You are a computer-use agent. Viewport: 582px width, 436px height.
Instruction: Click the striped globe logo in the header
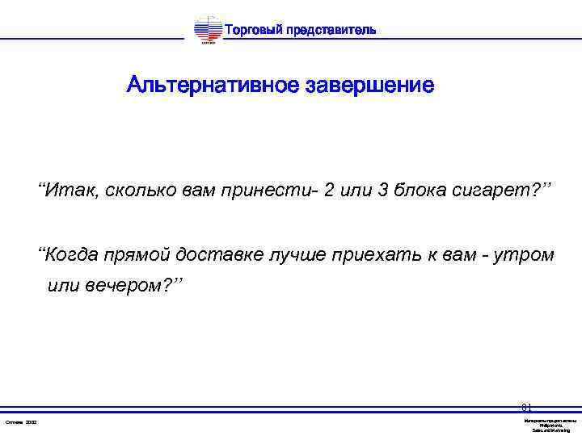[x=208, y=31]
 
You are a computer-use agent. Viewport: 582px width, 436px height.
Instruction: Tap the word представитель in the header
[x=331, y=30]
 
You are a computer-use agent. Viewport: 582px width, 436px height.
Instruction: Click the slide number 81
[x=526, y=408]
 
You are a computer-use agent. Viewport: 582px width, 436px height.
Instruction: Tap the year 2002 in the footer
[x=32, y=422]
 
